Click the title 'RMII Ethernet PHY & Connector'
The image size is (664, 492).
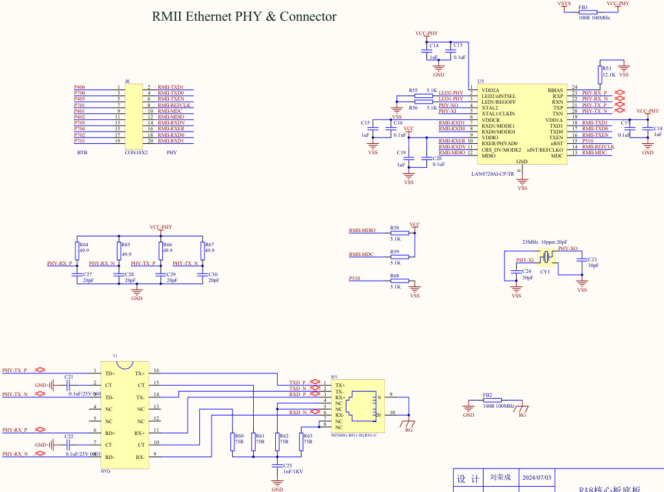244,17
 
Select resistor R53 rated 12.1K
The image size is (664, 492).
600,72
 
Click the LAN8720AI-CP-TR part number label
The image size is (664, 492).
493,174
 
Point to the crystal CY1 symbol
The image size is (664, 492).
547,258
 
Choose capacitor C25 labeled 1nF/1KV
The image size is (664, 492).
277,465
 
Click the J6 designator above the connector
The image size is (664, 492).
127,81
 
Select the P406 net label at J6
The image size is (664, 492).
79,87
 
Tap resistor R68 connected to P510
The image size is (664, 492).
399,281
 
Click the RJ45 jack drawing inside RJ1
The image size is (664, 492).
360,406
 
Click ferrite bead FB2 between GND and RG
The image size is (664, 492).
493,401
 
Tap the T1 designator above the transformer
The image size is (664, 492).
116,357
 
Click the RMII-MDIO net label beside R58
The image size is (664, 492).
362,231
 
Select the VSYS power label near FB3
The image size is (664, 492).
564,4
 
